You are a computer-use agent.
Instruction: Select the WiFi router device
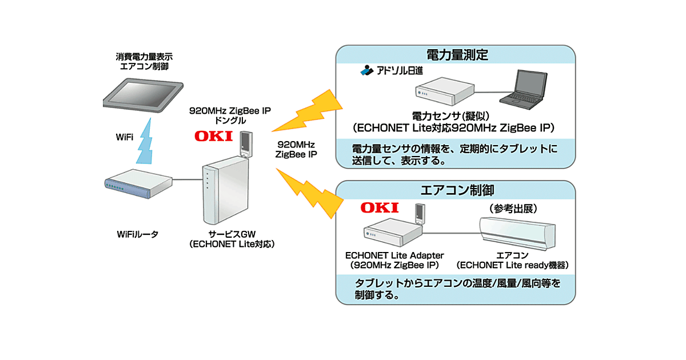tap(137, 186)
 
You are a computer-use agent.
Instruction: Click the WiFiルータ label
tap(137, 235)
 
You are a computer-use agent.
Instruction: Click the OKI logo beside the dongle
tap(213, 136)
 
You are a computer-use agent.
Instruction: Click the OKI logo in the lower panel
tap(378, 207)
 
